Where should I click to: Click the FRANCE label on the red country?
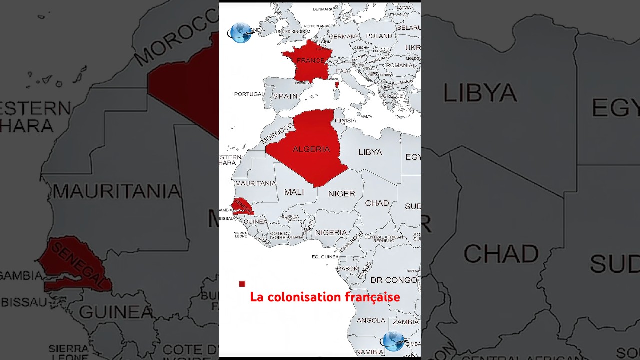310,61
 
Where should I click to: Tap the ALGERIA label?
311,149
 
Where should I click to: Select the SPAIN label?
285,96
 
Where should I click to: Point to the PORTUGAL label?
248,94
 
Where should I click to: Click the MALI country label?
294,192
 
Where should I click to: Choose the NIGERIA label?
331,233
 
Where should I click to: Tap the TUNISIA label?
345,121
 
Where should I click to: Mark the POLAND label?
379,36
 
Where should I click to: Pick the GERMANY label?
344,37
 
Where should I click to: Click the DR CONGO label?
393,280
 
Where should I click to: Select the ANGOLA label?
371,320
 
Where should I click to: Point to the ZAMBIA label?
406,322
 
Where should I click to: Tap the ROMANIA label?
399,65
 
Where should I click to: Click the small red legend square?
242,284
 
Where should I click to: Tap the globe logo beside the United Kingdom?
241,33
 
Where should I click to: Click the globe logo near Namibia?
393,341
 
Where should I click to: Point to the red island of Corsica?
336,84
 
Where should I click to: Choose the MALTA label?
366,117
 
